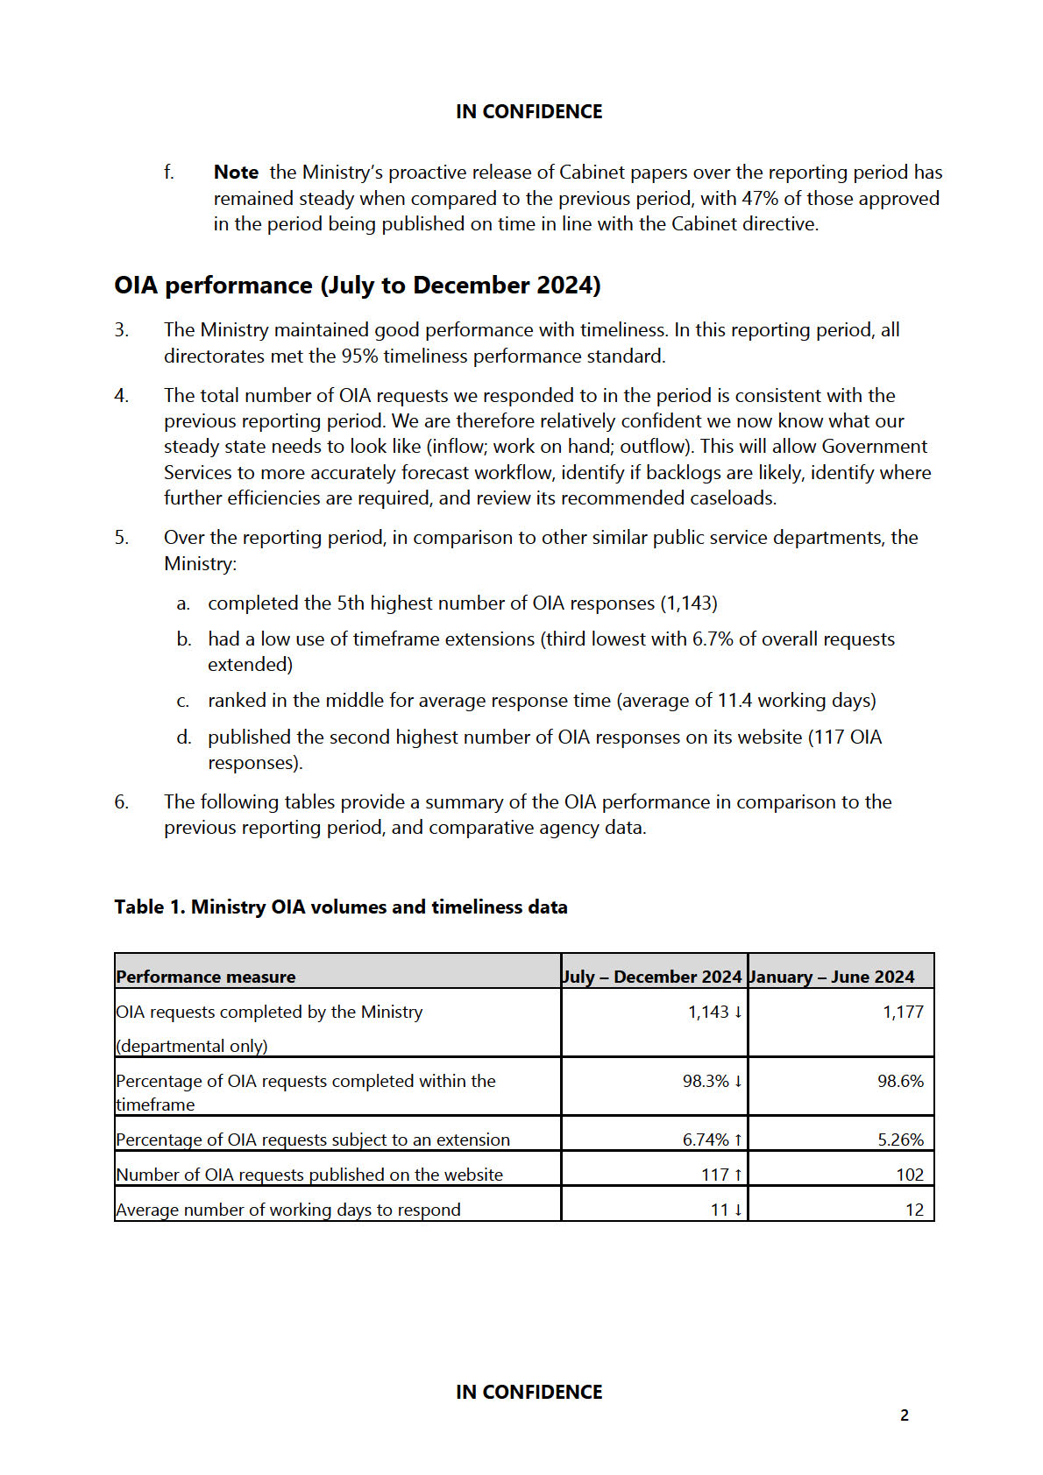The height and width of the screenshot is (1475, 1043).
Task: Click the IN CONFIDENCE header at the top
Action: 529,112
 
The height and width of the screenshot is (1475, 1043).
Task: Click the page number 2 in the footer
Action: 905,1415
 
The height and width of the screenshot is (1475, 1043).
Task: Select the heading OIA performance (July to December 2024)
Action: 358,286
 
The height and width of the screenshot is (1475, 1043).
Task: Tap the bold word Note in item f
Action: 236,173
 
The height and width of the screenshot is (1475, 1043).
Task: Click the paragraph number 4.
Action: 121,396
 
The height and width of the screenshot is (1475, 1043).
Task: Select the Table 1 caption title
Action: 341,907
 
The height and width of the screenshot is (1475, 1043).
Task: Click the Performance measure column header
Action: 206,977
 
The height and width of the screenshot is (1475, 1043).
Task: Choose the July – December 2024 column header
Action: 652,977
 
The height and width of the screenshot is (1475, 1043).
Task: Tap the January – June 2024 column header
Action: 832,977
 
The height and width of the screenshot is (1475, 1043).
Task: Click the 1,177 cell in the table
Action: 903,1013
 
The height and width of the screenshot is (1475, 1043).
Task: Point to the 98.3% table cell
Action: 706,1082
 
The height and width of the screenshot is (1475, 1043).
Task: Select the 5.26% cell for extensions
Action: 900,1140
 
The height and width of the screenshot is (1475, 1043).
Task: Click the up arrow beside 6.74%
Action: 739,1140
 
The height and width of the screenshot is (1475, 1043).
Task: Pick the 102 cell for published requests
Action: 910,1175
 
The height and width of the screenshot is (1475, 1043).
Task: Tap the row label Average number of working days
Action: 288,1210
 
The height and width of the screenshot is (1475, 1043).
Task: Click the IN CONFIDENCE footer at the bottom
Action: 529,1392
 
